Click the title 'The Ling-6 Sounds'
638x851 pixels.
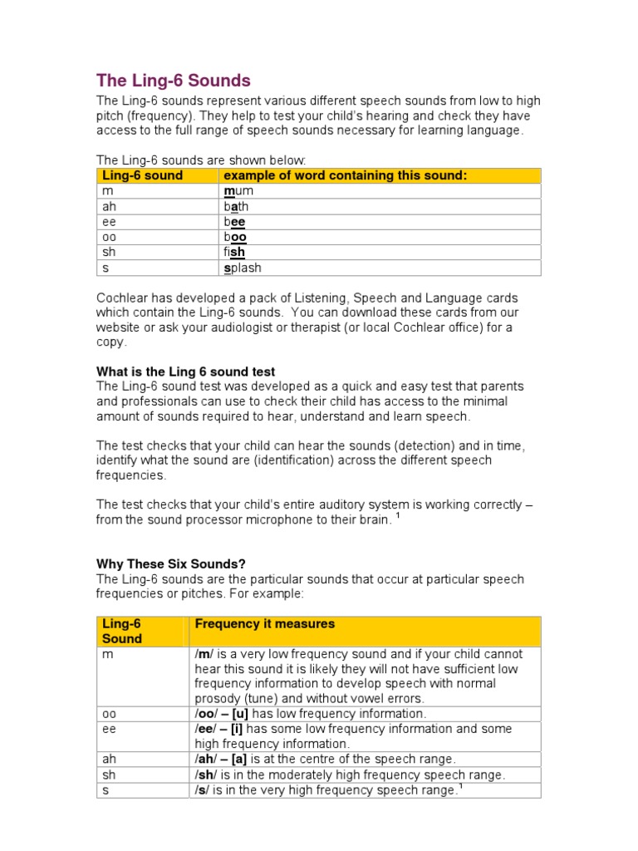pos(173,81)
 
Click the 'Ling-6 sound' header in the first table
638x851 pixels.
pos(142,175)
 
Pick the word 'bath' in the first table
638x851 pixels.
pos(236,207)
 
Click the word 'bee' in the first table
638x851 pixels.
pos(234,222)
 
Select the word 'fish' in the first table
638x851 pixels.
pos(234,253)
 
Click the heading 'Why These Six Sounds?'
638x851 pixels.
pos(171,563)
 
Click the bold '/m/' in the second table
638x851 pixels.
pos(204,654)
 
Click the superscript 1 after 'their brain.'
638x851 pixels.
pos(398,516)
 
